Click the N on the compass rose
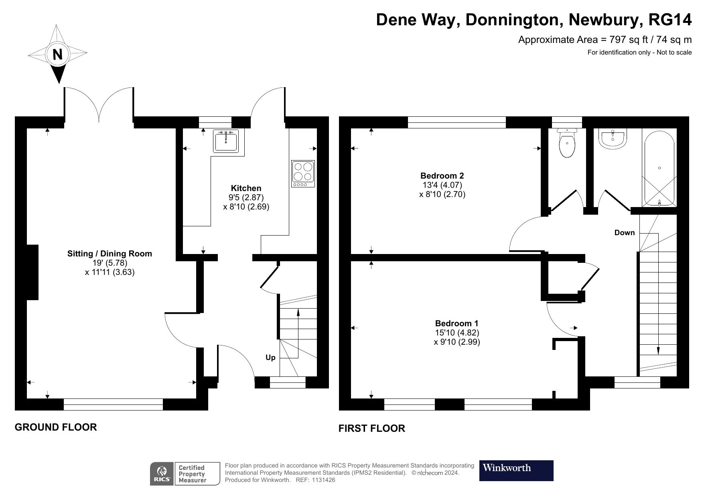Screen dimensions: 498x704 (58, 54)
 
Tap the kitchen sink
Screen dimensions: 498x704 (226, 141)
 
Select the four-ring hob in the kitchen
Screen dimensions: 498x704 (303, 174)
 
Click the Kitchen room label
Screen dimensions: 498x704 (246, 188)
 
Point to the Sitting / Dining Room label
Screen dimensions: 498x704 (110, 254)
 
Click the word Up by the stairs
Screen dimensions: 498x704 (270, 358)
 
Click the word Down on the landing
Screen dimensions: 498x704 (625, 233)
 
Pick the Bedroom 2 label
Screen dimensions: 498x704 (442, 176)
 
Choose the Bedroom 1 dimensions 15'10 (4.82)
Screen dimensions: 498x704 (457, 333)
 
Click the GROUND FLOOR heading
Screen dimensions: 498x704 (56, 427)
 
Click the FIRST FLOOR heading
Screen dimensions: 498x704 (371, 429)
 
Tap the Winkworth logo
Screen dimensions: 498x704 (516, 471)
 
